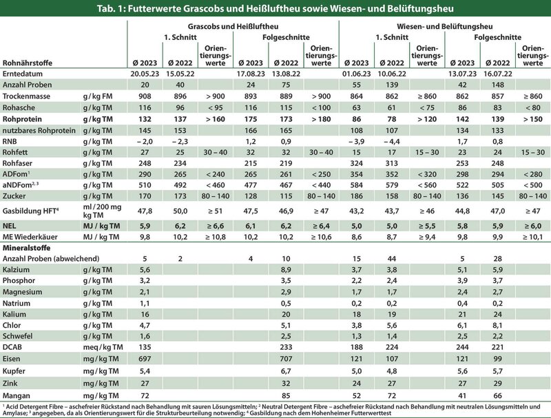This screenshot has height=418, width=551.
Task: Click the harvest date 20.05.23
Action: click(145, 74)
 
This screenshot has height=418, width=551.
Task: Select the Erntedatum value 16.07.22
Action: click(497, 74)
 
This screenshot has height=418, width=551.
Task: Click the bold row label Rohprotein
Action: click(22, 119)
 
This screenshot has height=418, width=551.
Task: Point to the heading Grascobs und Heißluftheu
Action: click(233, 26)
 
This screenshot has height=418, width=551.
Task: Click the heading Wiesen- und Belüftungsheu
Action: click(444, 26)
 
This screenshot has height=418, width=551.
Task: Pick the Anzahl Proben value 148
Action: click(497, 85)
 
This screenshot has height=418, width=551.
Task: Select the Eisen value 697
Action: click(145, 359)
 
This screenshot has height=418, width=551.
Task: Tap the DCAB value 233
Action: click(286, 347)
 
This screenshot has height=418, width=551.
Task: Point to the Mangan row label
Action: click(16, 395)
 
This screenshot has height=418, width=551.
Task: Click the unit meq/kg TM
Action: click(103, 347)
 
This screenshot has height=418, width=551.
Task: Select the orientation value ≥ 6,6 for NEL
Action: click(216, 226)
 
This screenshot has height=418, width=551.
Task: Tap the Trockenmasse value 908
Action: click(145, 96)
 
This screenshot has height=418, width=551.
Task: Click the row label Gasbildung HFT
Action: click(30, 211)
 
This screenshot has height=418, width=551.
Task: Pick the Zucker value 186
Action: click(356, 196)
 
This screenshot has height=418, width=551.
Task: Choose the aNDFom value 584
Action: click(356, 185)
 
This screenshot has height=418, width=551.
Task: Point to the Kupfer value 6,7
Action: click(286, 371)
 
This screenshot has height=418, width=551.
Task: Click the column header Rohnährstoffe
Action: click(28, 63)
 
